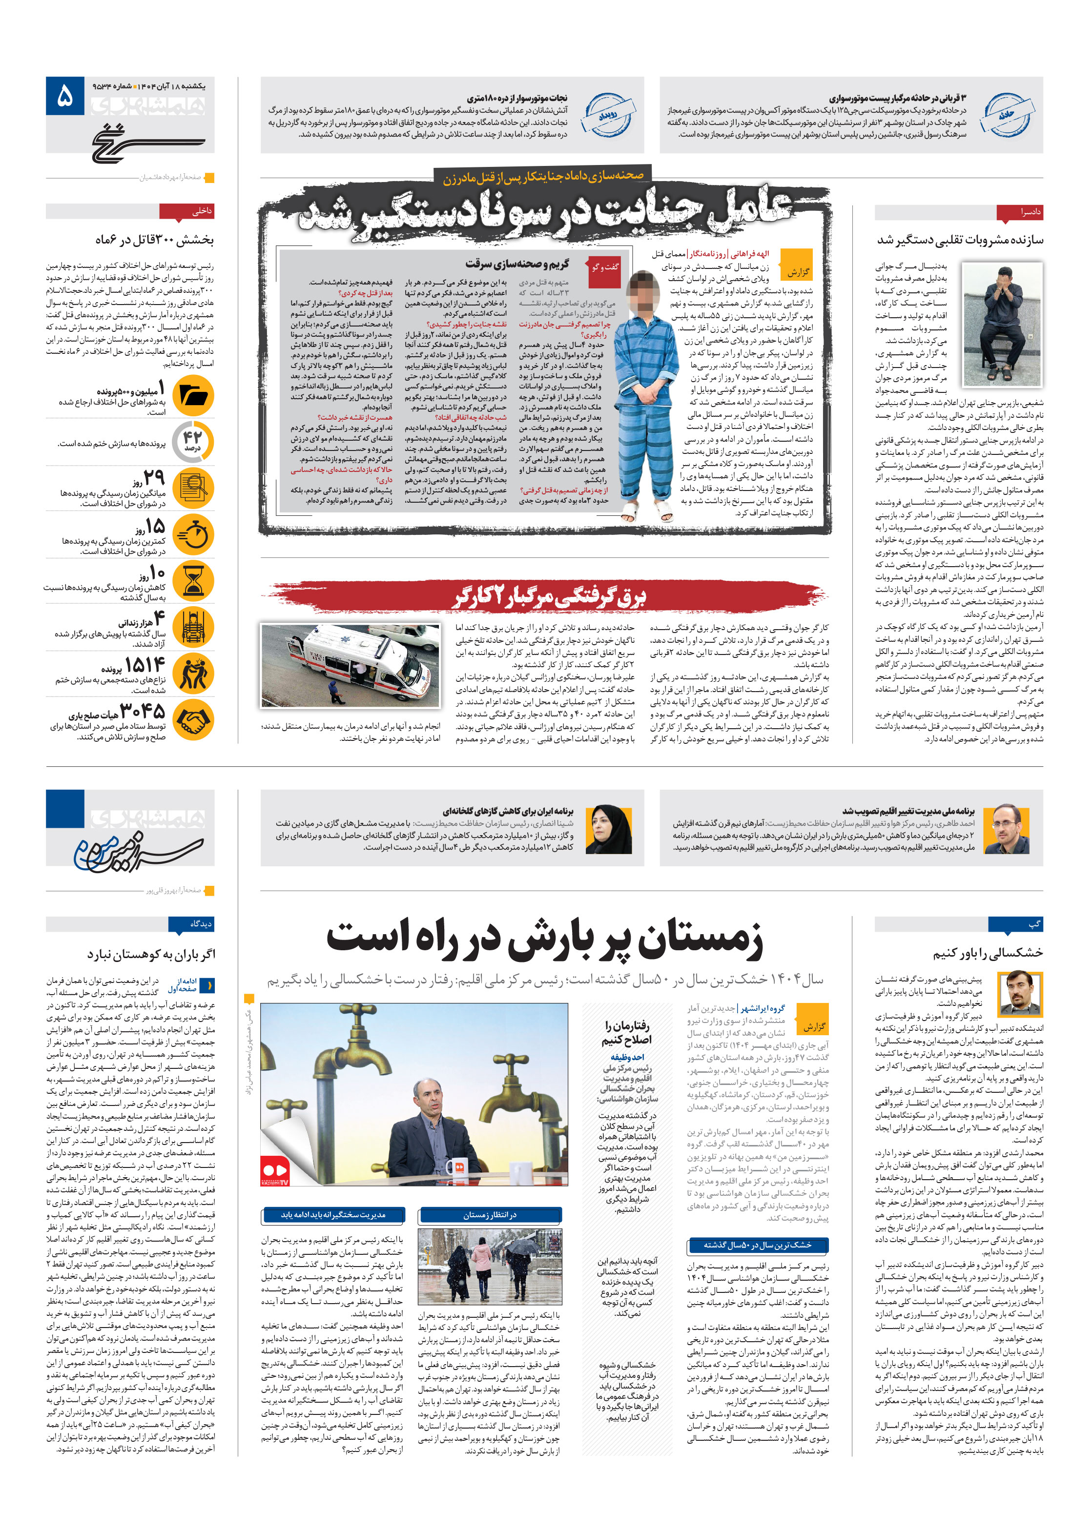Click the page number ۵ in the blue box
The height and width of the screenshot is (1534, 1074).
(65, 96)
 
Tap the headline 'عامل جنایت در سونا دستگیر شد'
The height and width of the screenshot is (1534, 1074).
(545, 210)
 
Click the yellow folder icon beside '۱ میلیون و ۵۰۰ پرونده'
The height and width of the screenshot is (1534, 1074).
(194, 395)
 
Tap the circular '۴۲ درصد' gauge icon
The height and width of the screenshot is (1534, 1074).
(193, 442)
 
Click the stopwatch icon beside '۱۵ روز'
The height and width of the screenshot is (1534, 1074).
(194, 534)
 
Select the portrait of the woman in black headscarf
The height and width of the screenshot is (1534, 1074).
(608, 828)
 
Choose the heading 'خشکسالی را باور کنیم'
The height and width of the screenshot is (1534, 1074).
(987, 953)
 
